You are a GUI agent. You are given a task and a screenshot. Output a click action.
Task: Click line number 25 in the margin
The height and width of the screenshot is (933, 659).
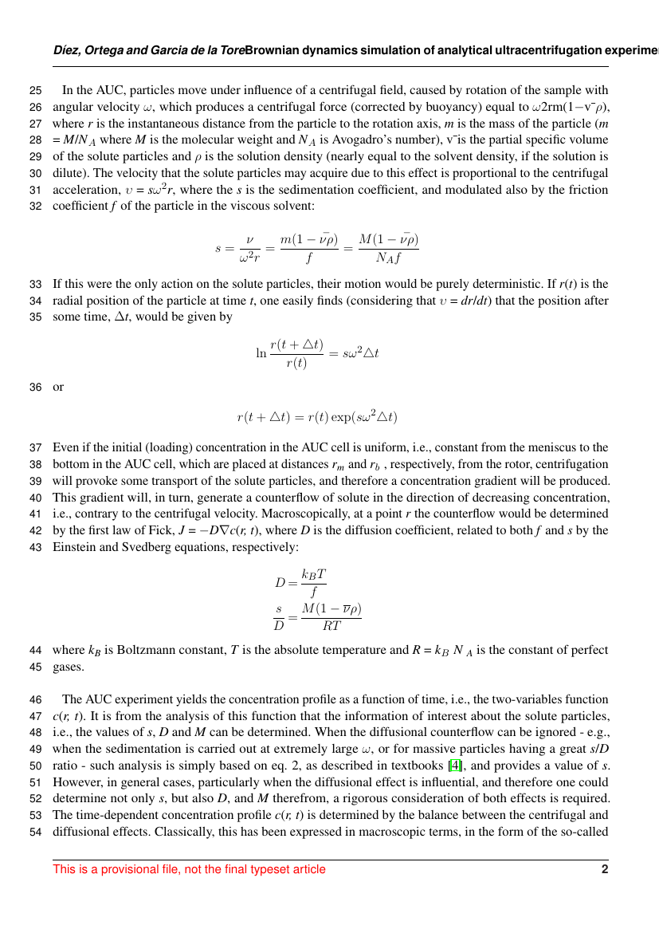pos(35,90)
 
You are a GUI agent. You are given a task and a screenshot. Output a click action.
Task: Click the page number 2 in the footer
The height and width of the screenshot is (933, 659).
pos(605,869)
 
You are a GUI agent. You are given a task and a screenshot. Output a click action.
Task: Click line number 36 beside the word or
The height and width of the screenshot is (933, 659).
pos(35,387)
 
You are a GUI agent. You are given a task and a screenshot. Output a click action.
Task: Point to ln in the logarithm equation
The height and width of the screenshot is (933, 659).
pos(261,352)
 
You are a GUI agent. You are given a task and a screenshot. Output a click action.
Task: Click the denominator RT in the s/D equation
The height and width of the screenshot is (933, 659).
pos(331,625)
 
